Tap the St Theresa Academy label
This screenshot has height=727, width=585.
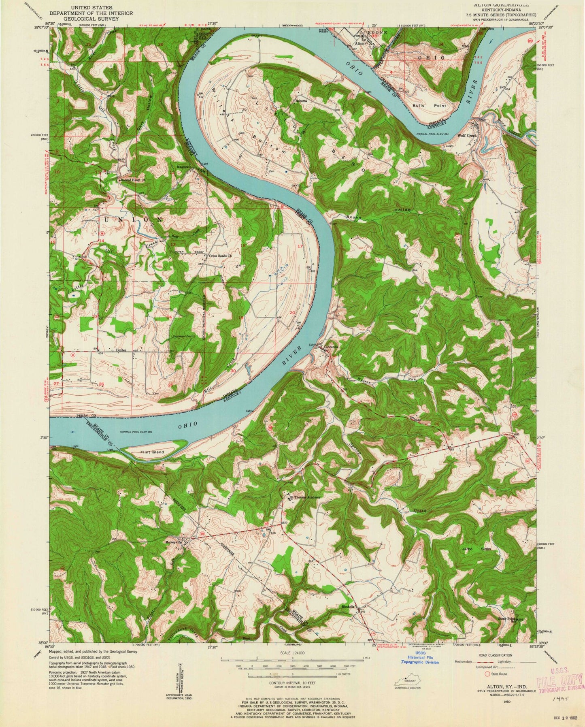(x=306, y=497)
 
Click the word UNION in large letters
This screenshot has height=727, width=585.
(x=134, y=219)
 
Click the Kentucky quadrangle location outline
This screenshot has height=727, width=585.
(x=406, y=681)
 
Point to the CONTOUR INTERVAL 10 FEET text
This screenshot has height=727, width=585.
(x=292, y=694)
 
